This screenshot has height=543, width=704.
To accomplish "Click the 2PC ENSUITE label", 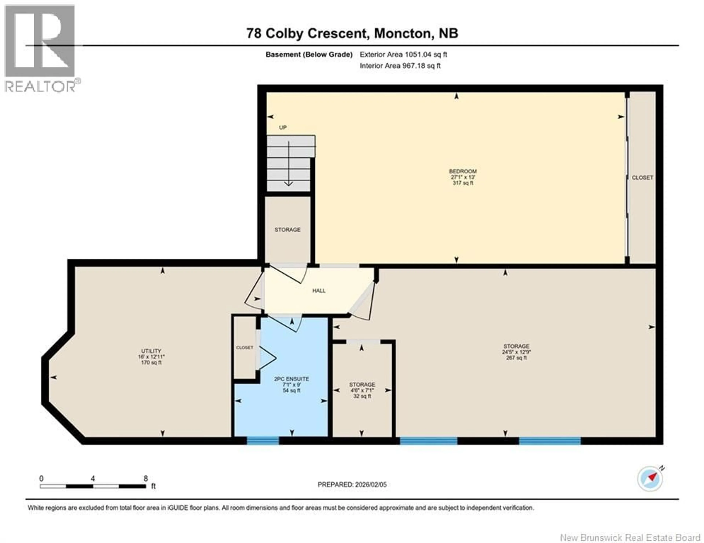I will [x=291, y=379].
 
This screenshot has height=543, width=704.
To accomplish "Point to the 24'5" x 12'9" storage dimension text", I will [x=516, y=352].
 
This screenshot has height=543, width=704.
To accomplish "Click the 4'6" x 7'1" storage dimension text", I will [x=362, y=390].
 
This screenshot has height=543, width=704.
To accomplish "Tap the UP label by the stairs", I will [x=283, y=128].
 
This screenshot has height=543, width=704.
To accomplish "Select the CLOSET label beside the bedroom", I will [x=642, y=178].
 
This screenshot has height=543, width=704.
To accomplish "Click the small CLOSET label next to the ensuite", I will [x=244, y=348].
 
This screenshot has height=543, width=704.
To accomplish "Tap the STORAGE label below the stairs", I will [x=287, y=230].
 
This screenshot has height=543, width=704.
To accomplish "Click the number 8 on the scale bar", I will [x=146, y=479].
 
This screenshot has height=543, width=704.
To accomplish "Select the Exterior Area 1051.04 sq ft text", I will [x=403, y=54].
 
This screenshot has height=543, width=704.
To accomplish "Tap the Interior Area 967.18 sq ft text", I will [x=400, y=66].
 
